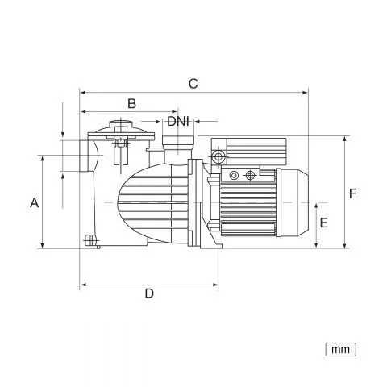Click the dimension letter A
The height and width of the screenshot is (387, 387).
point(35,203)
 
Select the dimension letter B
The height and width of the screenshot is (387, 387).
point(131,103)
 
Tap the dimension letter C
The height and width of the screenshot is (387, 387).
point(193,84)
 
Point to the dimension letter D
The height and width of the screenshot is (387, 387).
point(149,293)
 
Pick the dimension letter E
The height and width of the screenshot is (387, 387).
point(324,223)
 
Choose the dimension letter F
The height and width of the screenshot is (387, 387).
point(352,193)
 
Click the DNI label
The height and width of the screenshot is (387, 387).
point(178,122)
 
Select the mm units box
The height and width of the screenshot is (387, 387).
point(340,349)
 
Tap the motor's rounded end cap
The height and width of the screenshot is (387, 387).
point(294,202)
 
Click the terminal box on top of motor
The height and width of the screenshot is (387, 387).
point(248,151)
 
